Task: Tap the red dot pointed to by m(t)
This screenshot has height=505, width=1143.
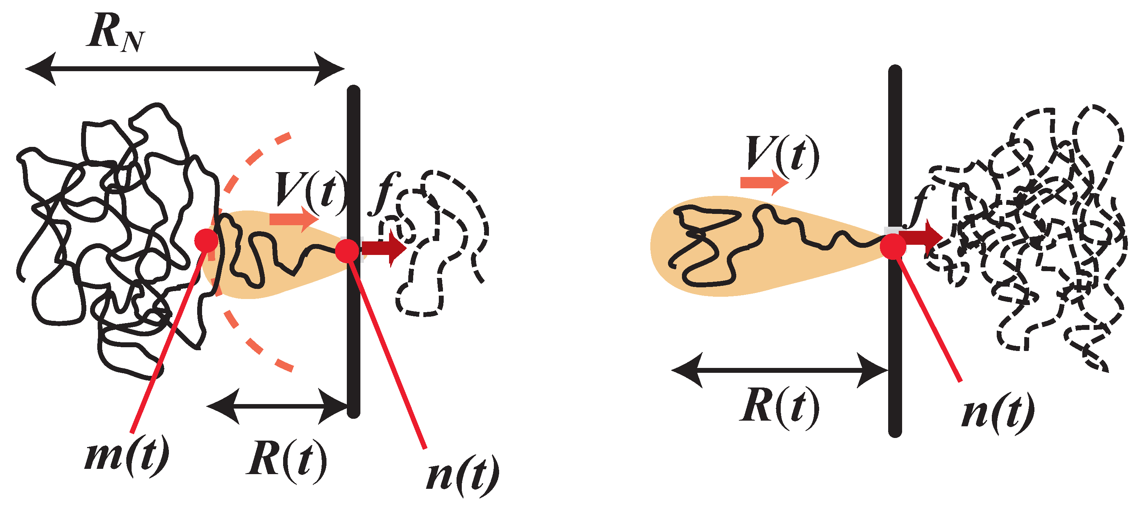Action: tap(206, 241)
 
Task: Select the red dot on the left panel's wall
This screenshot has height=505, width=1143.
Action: tap(347, 250)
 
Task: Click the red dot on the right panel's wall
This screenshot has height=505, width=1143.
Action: tap(893, 247)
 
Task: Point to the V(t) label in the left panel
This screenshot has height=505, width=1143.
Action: tap(311, 192)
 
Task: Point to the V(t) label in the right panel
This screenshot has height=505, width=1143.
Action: tap(783, 155)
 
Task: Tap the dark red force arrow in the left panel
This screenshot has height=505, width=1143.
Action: tap(384, 248)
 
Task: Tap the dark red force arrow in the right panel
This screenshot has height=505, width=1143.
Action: tap(921, 238)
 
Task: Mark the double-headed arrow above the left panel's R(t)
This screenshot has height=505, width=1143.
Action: tap(277, 406)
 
